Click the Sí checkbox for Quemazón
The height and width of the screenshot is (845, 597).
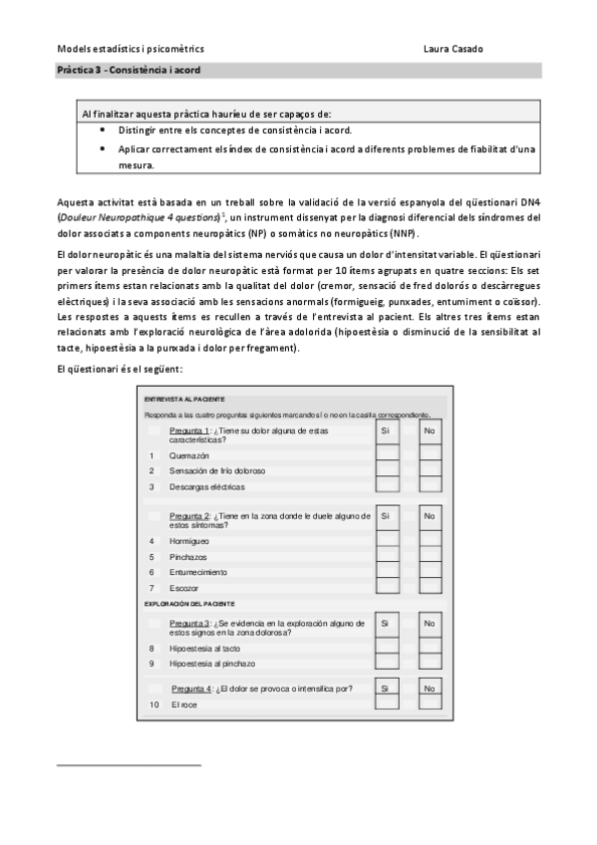click(388, 454)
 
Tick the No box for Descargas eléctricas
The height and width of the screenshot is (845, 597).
click(430, 486)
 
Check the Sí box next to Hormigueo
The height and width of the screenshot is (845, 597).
click(388, 541)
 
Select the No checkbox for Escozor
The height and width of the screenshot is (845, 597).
click(430, 589)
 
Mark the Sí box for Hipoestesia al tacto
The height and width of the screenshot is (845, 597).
click(388, 647)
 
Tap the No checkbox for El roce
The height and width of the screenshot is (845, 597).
click(430, 704)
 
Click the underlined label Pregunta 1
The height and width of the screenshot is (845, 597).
click(190, 430)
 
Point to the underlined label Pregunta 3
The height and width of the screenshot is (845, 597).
click(190, 623)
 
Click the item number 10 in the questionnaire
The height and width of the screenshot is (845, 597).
click(154, 704)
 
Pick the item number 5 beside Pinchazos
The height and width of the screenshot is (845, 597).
click(151, 556)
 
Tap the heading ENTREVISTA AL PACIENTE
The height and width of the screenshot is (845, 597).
click(184, 399)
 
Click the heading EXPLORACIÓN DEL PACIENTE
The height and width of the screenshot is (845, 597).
click(189, 604)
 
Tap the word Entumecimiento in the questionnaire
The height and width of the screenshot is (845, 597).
click(197, 572)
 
